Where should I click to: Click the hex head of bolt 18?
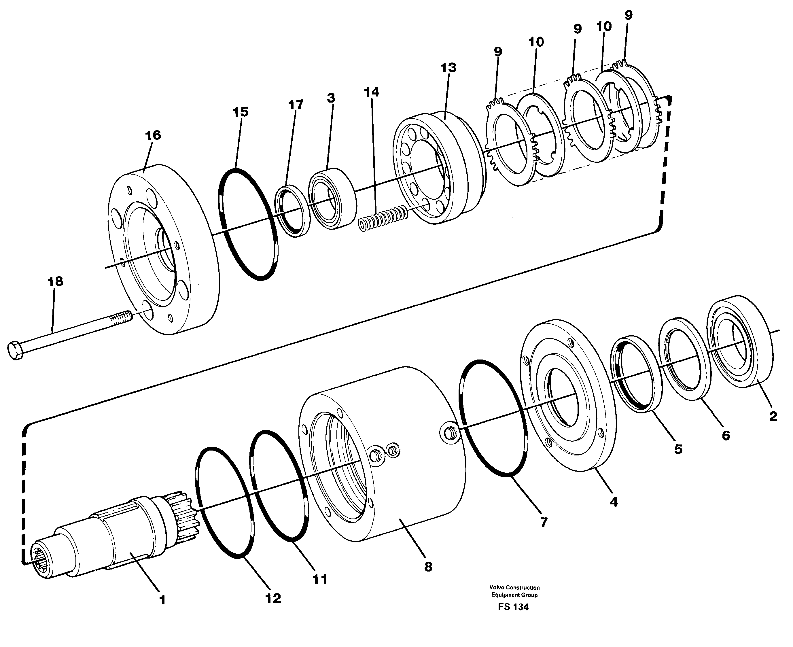[15, 350]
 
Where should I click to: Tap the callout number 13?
[448, 68]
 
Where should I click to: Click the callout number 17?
[296, 105]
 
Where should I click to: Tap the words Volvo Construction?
[514, 587]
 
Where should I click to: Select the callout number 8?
[428, 567]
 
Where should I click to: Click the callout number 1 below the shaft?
[162, 600]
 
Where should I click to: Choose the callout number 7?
[544, 523]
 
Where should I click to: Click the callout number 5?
[678, 449]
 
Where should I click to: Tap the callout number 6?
[726, 435]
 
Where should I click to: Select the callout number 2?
[773, 416]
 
